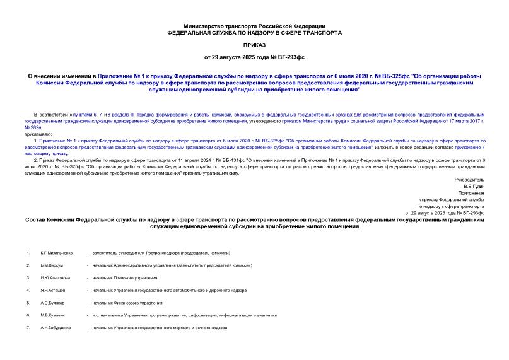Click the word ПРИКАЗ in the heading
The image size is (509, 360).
254,45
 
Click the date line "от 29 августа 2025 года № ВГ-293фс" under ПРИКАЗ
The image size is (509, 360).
254,58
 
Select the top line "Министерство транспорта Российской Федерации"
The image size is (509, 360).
254,25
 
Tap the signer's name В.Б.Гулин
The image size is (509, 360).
474,187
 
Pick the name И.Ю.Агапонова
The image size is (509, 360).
56,278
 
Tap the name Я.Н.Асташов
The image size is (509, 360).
53,291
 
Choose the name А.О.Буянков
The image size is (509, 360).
53,303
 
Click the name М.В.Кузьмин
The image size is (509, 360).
53,316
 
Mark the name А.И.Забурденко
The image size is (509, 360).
56,328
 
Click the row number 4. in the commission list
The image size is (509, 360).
28,291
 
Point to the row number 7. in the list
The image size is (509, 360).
28,328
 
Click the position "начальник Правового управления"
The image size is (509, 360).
124,278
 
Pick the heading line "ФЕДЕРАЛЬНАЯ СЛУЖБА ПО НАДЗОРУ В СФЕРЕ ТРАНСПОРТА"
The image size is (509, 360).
254,32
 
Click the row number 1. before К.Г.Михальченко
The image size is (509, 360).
28,253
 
